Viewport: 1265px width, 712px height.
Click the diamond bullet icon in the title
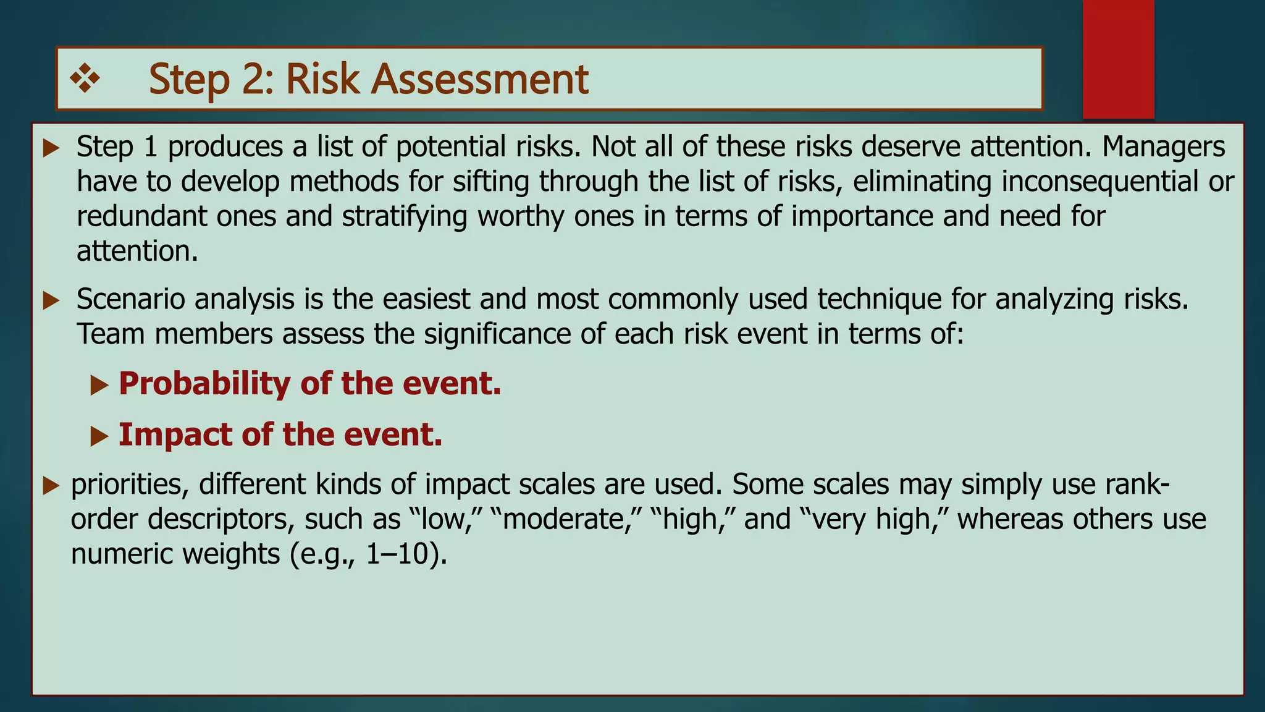pos(85,79)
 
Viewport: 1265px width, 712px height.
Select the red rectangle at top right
pos(1118,59)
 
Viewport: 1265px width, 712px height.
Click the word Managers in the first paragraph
pos(1164,147)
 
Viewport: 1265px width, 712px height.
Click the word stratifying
pos(405,217)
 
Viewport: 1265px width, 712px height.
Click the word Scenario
pos(131,300)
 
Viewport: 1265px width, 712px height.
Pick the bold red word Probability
pos(204,384)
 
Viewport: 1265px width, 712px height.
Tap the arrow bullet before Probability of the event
pos(99,386)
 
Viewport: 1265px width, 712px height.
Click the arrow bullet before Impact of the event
pos(99,436)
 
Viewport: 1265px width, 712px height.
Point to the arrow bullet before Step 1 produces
pos(51,148)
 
